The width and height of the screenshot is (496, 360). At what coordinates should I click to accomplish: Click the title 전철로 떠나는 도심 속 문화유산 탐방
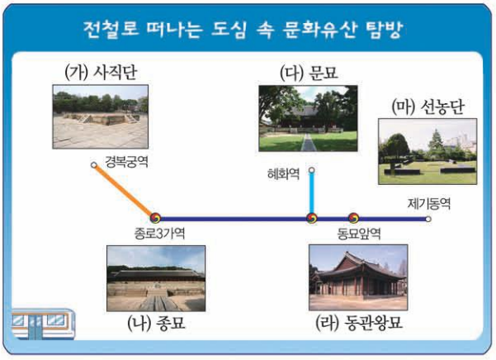coord(248,31)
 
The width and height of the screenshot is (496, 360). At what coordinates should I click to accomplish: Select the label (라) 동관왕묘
coord(357,323)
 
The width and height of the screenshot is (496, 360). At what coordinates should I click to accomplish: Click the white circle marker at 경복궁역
coord(94,165)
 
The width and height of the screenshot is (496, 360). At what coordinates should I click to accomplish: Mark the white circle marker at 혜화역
coord(312,171)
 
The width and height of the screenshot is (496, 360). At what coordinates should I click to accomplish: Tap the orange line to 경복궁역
coord(124,191)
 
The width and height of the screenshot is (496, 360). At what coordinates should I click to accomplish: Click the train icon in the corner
coord(40,324)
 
